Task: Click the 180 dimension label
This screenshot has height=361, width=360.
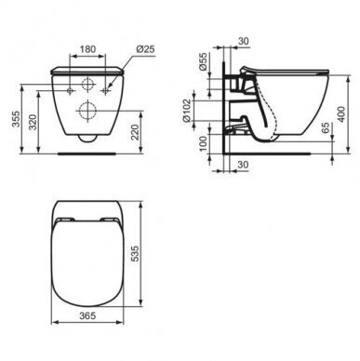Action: [x=87, y=49]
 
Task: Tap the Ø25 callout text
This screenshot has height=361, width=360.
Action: [x=145, y=49]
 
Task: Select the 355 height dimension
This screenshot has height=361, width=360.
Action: [x=16, y=119]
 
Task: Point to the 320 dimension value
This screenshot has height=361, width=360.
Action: [x=33, y=122]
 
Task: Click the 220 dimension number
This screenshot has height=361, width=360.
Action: [x=135, y=132]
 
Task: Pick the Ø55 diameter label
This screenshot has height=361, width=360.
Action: [x=203, y=62]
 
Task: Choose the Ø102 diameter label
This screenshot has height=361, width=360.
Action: [x=186, y=111]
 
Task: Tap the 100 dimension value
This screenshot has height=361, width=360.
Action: [x=203, y=143]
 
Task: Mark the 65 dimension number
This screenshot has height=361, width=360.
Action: [x=325, y=127]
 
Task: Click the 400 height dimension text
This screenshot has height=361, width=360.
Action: [x=341, y=114]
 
